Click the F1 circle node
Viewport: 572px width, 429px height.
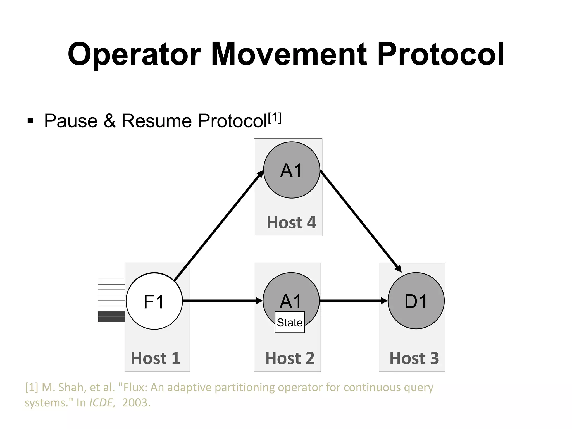(154, 301)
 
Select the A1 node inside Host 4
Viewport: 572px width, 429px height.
(292, 170)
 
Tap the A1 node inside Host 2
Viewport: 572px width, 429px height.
(291, 293)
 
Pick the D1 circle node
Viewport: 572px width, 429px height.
(416, 301)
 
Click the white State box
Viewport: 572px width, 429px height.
(290, 322)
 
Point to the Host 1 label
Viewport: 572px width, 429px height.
(156, 358)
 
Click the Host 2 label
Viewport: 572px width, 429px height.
(290, 358)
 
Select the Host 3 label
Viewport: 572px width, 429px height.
(414, 358)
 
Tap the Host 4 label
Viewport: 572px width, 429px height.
(291, 223)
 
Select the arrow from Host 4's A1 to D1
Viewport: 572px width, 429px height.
(360, 221)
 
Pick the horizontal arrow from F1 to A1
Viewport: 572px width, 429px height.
(222, 301)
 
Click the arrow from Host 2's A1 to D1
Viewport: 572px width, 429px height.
(353, 301)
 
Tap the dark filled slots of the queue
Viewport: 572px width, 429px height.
(111, 317)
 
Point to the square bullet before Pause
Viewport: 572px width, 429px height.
(30, 121)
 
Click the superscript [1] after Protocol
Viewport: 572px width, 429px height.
(275, 118)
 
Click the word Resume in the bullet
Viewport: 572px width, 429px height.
(156, 121)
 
